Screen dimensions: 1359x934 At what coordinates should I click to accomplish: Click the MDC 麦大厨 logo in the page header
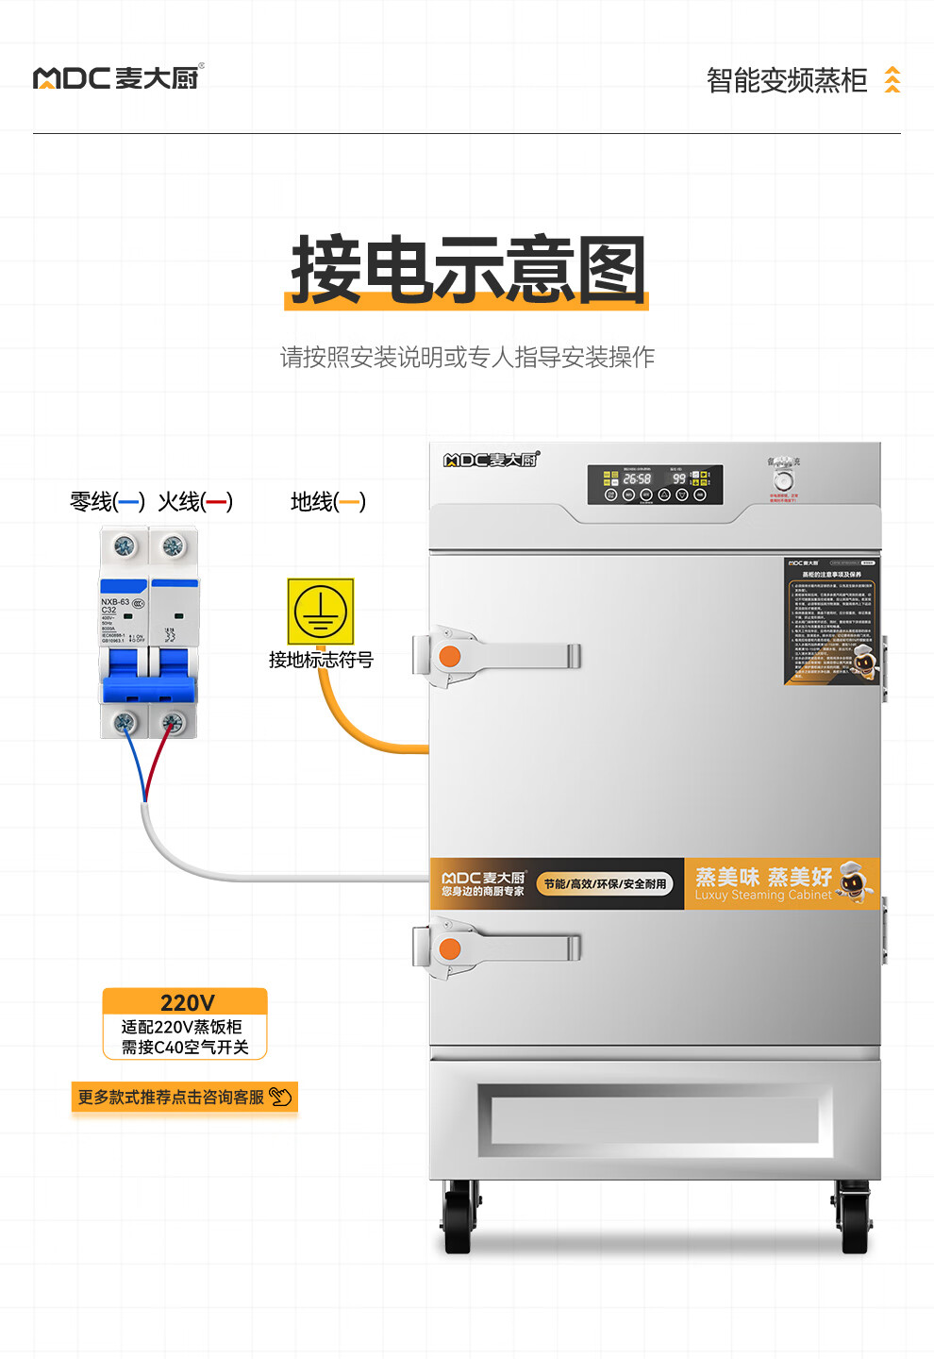pos(118,77)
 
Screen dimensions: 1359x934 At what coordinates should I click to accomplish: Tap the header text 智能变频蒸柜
pos(786,81)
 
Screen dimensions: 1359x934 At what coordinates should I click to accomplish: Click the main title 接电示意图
pos(468,271)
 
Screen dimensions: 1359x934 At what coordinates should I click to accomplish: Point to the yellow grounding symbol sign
pos(321,612)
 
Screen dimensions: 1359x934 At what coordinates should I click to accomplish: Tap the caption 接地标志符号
pos(321,660)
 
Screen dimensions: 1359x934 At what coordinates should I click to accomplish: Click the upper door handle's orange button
pos(450,656)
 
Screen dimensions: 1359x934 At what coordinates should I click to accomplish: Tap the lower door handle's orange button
pos(450,948)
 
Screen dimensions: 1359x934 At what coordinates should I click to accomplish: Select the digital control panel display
pos(655,484)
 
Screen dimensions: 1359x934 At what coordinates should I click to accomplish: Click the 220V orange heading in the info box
pos(186,1002)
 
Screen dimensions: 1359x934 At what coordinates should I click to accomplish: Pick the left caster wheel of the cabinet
pos(459,1222)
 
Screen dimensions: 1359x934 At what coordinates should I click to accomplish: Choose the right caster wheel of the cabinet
pos(854,1222)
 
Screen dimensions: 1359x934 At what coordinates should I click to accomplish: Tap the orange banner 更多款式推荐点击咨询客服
pos(185,1097)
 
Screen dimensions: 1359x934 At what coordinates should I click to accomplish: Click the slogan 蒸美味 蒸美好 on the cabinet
pos(763,878)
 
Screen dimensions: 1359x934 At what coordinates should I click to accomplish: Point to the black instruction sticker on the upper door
pos(831,620)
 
